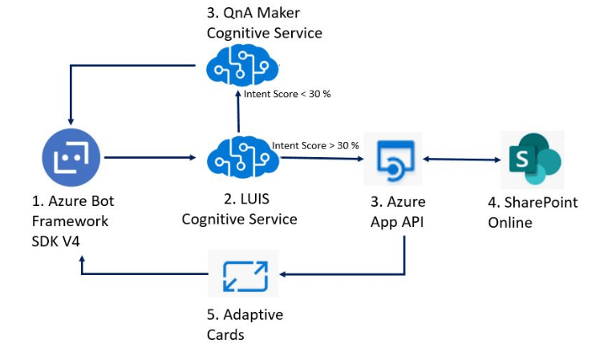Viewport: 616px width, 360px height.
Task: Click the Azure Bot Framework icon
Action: click(71, 157)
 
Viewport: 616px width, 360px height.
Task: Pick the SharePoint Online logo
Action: click(532, 158)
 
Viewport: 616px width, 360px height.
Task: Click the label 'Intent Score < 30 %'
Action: click(287, 94)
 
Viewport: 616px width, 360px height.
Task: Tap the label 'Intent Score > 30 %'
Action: click(315, 145)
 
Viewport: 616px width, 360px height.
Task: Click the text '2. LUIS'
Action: click(239, 200)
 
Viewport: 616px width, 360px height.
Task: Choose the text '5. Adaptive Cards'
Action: click(245, 324)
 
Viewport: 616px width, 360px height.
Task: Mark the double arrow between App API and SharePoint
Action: click(460, 160)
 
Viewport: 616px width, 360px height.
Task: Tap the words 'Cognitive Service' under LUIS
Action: click(239, 219)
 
